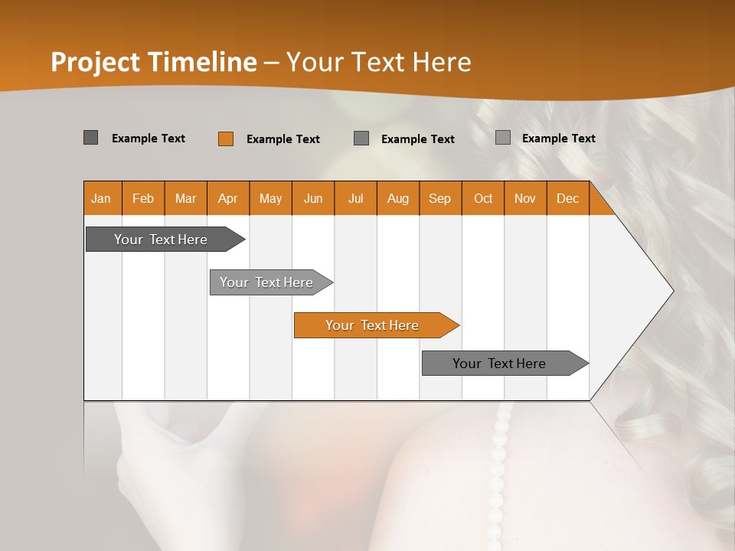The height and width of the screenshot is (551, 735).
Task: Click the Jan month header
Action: tap(102, 198)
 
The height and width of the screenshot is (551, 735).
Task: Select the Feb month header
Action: tap(143, 198)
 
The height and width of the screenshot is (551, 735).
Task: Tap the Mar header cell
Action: tap(185, 198)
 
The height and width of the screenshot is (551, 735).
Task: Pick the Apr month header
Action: tap(228, 198)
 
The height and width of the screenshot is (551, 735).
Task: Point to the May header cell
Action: tap(270, 198)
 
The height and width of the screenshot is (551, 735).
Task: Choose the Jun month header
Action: tap(313, 198)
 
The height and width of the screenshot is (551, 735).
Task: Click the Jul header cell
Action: tap(355, 198)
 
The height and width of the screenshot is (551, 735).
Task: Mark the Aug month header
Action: tap(398, 198)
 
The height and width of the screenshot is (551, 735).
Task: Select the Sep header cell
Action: tap(440, 198)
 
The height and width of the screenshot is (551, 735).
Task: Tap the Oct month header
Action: tap(483, 198)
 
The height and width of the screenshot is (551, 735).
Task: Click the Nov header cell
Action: tap(525, 198)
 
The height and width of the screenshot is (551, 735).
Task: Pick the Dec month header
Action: tap(568, 198)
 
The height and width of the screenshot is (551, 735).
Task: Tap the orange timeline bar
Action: tap(373, 325)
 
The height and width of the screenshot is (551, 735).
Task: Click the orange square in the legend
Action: tap(225, 139)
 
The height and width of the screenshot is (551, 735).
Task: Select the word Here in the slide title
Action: tap(442, 62)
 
